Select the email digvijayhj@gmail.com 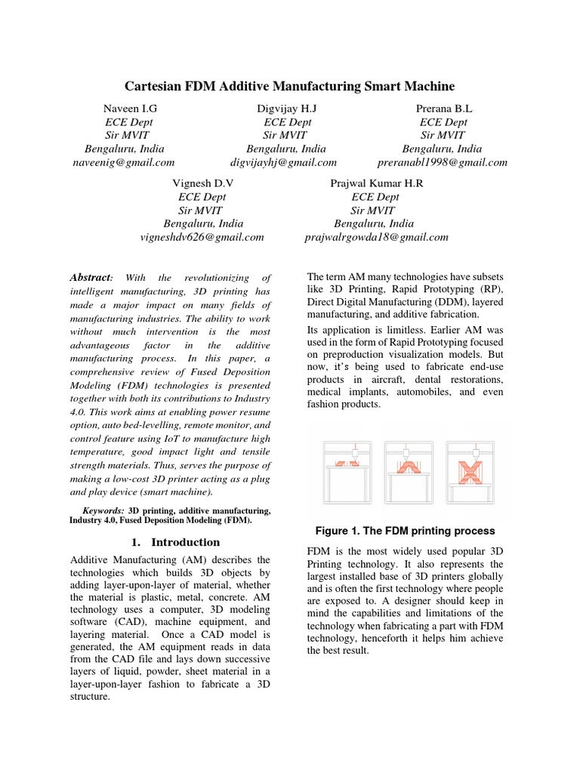click(x=283, y=162)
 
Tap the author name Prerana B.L click(x=443, y=108)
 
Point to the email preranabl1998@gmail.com click(x=442, y=162)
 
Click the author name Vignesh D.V click(x=203, y=183)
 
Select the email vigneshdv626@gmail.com click(x=202, y=237)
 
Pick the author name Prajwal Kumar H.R click(x=377, y=183)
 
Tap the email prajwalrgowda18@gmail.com click(x=376, y=237)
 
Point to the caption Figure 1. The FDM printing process click(x=406, y=531)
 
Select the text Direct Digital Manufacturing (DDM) click(x=387, y=302)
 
